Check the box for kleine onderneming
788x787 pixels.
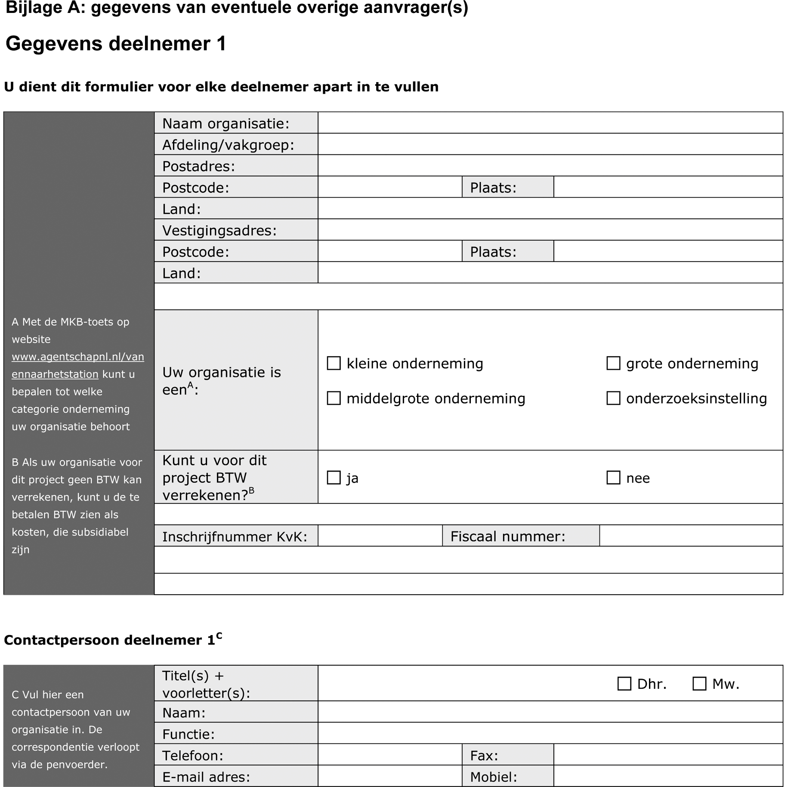pyautogui.click(x=334, y=363)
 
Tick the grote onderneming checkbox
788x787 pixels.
pyautogui.click(x=613, y=363)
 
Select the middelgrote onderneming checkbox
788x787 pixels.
pyautogui.click(x=334, y=398)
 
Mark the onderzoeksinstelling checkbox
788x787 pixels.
pyautogui.click(x=613, y=398)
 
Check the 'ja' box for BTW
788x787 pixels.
pyautogui.click(x=334, y=478)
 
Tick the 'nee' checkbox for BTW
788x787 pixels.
pyautogui.click(x=613, y=478)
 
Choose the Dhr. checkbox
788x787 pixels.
pyautogui.click(x=624, y=684)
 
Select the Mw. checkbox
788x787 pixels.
pyautogui.click(x=699, y=684)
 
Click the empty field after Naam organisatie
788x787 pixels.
pyautogui.click(x=550, y=123)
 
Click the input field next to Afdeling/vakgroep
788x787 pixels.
pyautogui.click(x=550, y=144)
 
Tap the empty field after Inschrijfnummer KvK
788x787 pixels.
pyautogui.click(x=380, y=536)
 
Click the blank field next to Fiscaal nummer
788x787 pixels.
pyautogui.click(x=691, y=536)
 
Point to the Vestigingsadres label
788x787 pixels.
pyautogui.click(x=219, y=231)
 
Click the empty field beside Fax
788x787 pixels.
pyautogui.click(x=668, y=755)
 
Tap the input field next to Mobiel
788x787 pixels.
pyautogui.click(x=668, y=776)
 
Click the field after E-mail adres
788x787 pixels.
pyautogui.click(x=390, y=776)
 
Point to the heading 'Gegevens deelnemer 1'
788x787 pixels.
pyautogui.click(x=116, y=44)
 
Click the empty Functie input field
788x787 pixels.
pyautogui.click(x=550, y=734)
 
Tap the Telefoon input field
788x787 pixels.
pyautogui.click(x=390, y=755)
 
